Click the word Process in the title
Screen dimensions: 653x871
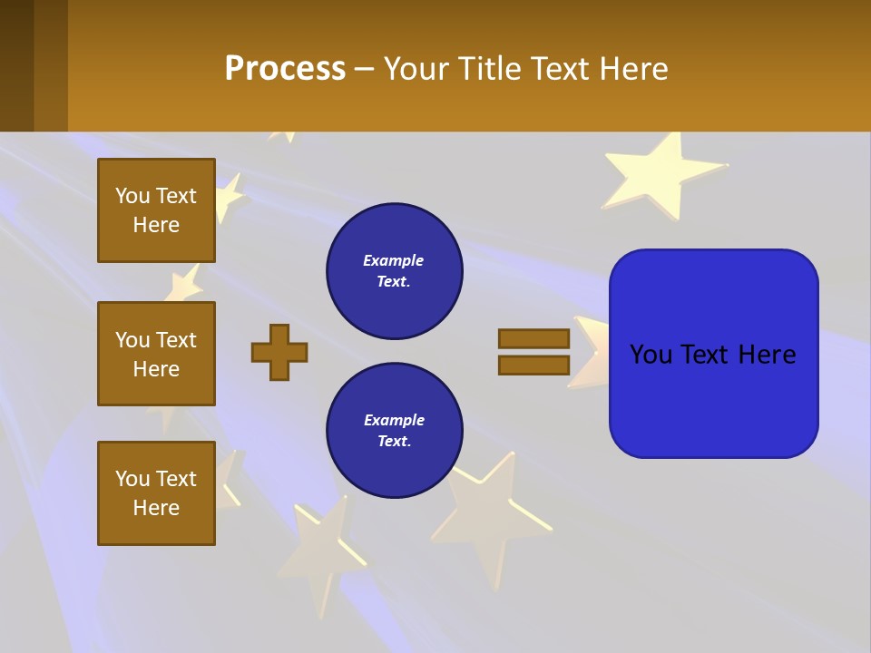click(x=285, y=69)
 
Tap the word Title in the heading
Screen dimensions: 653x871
click(x=486, y=69)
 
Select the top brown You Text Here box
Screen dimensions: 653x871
click(x=156, y=210)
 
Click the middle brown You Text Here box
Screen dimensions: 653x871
click(x=156, y=354)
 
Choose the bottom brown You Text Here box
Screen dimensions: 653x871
click(x=156, y=493)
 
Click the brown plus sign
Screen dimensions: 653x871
click(x=279, y=352)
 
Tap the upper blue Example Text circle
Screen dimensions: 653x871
click(x=394, y=271)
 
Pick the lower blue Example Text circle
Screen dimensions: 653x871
click(x=394, y=431)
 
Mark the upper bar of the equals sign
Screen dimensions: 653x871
click(x=533, y=338)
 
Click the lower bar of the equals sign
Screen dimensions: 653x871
click(x=533, y=365)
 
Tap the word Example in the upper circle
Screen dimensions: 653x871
click(x=394, y=261)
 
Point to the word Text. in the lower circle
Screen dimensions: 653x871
click(x=394, y=442)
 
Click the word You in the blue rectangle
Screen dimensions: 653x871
click(x=651, y=355)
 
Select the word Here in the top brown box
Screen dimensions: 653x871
click(x=156, y=225)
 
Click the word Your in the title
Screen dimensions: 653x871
click(x=416, y=69)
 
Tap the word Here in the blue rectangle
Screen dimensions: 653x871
click(x=767, y=355)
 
